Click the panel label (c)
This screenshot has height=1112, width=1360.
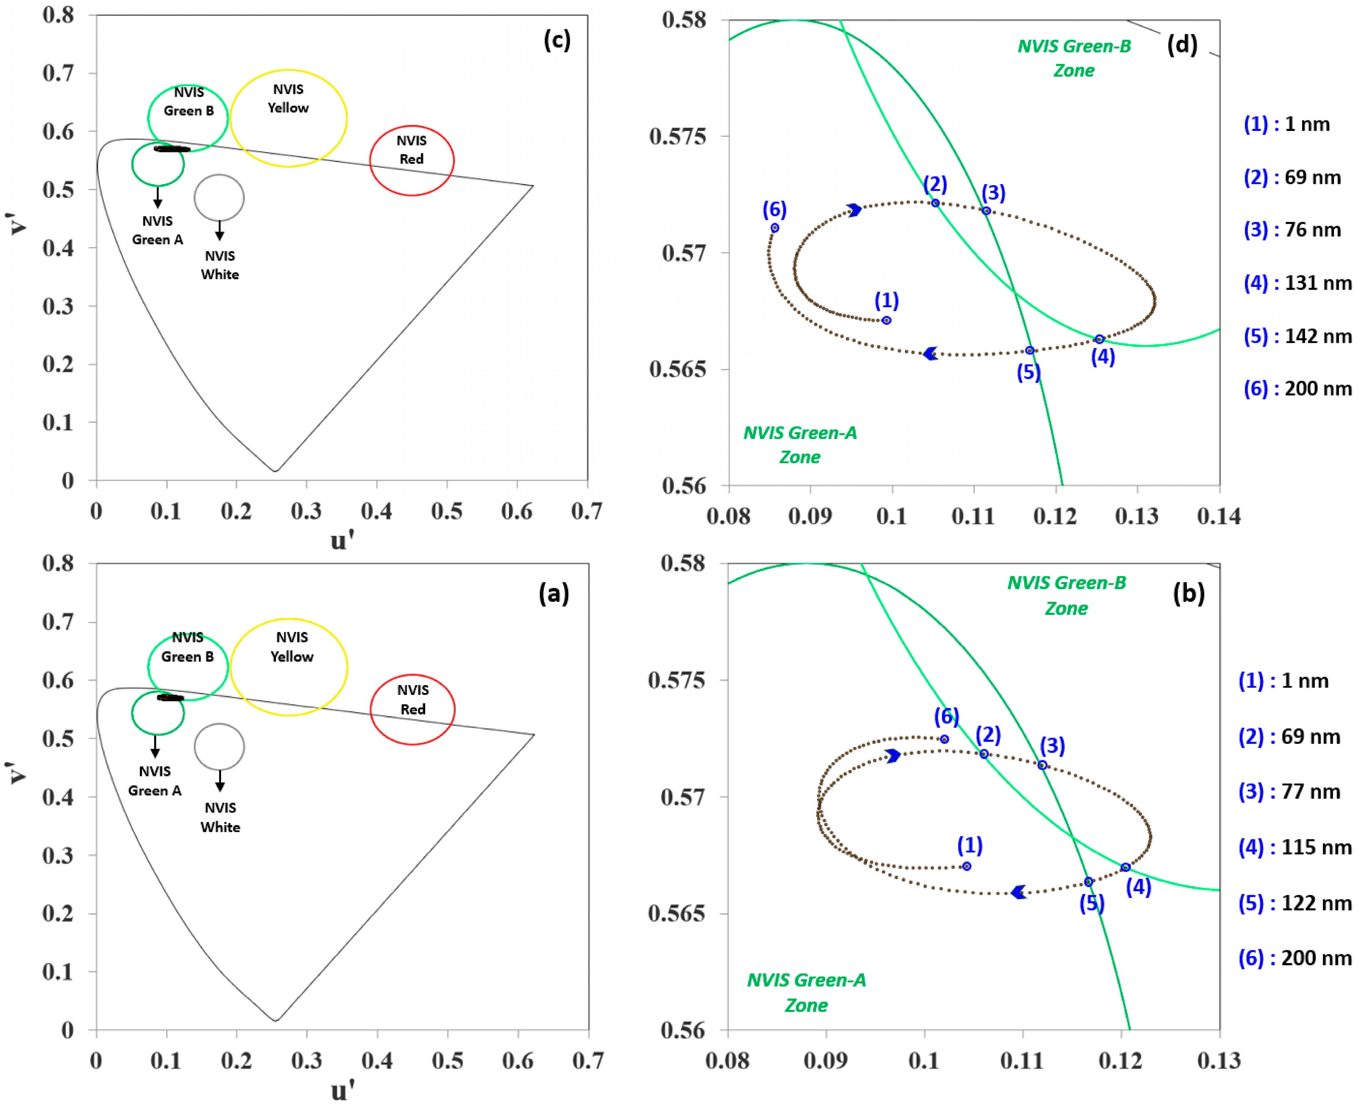click(x=557, y=40)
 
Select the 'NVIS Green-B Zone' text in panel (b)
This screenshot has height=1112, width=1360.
click(x=1067, y=595)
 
